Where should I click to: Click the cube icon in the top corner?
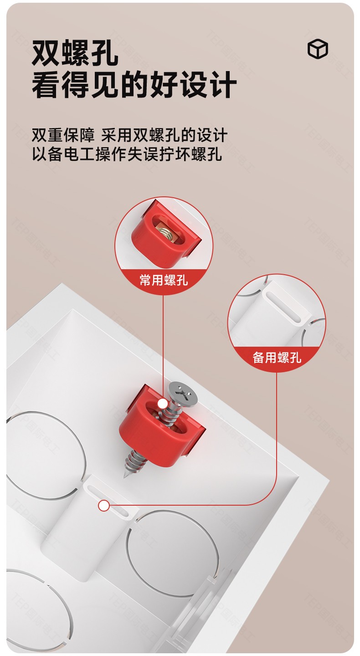[318, 48]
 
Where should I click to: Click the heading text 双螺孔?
[75, 53]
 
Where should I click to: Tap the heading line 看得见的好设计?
[134, 84]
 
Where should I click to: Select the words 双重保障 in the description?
[63, 135]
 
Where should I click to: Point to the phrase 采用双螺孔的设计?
[165, 135]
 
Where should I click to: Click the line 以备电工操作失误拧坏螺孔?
[127, 154]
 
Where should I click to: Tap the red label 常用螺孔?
[164, 280]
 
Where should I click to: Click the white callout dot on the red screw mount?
[162, 404]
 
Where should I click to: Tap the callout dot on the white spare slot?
[104, 506]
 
